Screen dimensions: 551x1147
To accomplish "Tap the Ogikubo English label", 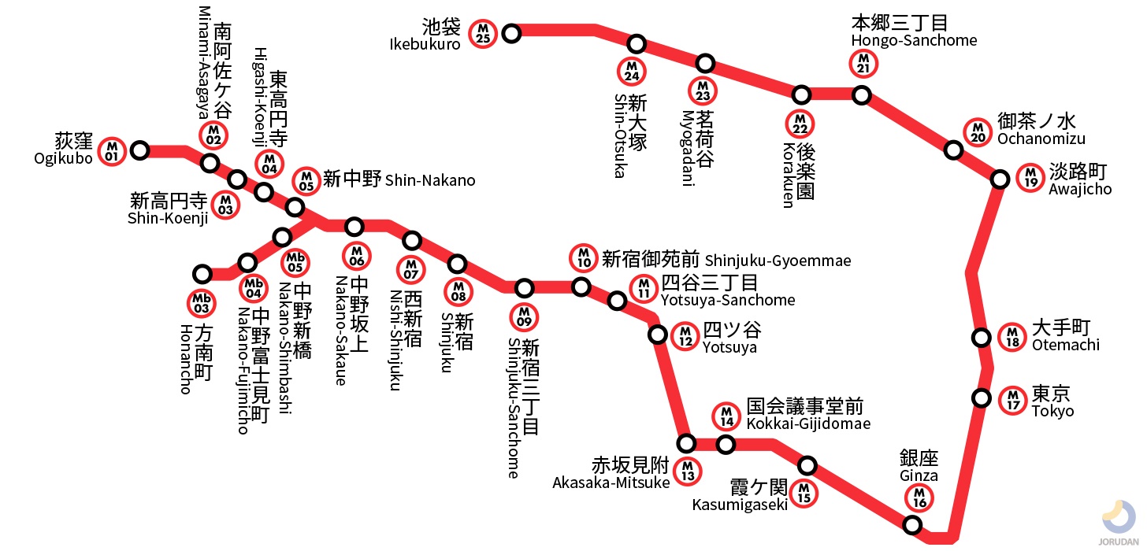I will coord(64,158).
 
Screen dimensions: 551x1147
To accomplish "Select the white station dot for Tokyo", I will coord(982,398).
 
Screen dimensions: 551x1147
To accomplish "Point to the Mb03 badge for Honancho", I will coord(202,301).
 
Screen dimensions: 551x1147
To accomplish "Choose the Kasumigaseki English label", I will coord(740,505).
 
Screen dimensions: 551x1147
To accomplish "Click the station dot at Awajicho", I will coord(1000,179).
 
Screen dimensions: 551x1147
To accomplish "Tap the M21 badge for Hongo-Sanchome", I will coord(863,63).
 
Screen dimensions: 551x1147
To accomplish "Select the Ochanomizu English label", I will coord(1041,139).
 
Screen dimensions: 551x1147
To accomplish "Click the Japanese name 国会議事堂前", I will coord(804,407).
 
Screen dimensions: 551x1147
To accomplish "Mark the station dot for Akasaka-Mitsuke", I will coord(687,443).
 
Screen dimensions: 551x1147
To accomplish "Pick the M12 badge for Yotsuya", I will coord(685,336).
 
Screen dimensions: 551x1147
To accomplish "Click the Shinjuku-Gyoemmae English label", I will coord(778,261).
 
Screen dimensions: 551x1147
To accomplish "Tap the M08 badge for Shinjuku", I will coord(458,291).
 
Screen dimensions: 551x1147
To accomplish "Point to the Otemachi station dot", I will coord(982,338).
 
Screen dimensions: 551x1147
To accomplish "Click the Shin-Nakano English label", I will coord(430,181).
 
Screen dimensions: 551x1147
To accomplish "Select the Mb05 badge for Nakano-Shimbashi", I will coord(295,261).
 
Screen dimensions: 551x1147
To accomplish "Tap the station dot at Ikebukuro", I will coord(512,33).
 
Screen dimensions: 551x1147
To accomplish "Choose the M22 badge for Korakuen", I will coord(800,124).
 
